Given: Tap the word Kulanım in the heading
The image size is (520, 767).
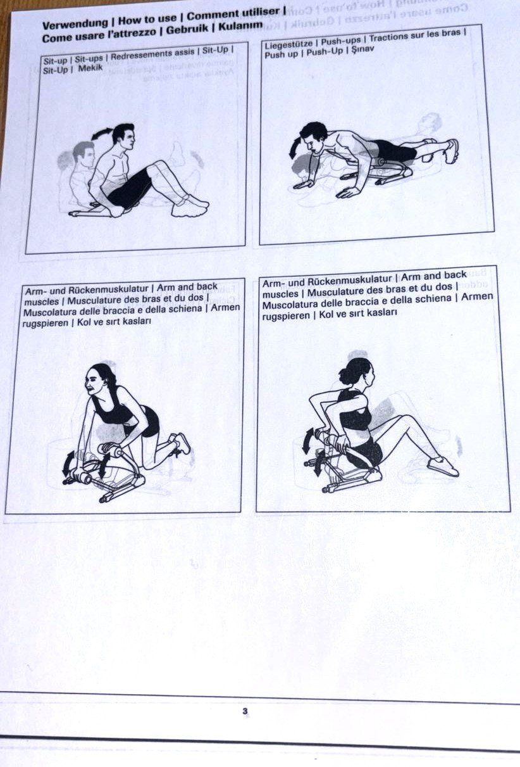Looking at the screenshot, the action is tap(240, 26).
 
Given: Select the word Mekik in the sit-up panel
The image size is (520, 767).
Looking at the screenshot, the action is tap(90, 68).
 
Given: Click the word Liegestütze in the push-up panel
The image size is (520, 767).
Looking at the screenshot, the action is tap(288, 44).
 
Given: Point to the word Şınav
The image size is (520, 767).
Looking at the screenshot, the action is tap(362, 50).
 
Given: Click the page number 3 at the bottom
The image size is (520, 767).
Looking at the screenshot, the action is tap(245, 711).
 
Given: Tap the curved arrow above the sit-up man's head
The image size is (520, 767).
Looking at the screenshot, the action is tap(102, 133).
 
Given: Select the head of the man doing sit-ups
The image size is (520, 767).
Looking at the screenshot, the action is tap(123, 137).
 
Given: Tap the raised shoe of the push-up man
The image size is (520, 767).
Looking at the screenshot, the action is tap(452, 150).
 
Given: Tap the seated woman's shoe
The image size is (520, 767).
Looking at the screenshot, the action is tap(443, 466).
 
